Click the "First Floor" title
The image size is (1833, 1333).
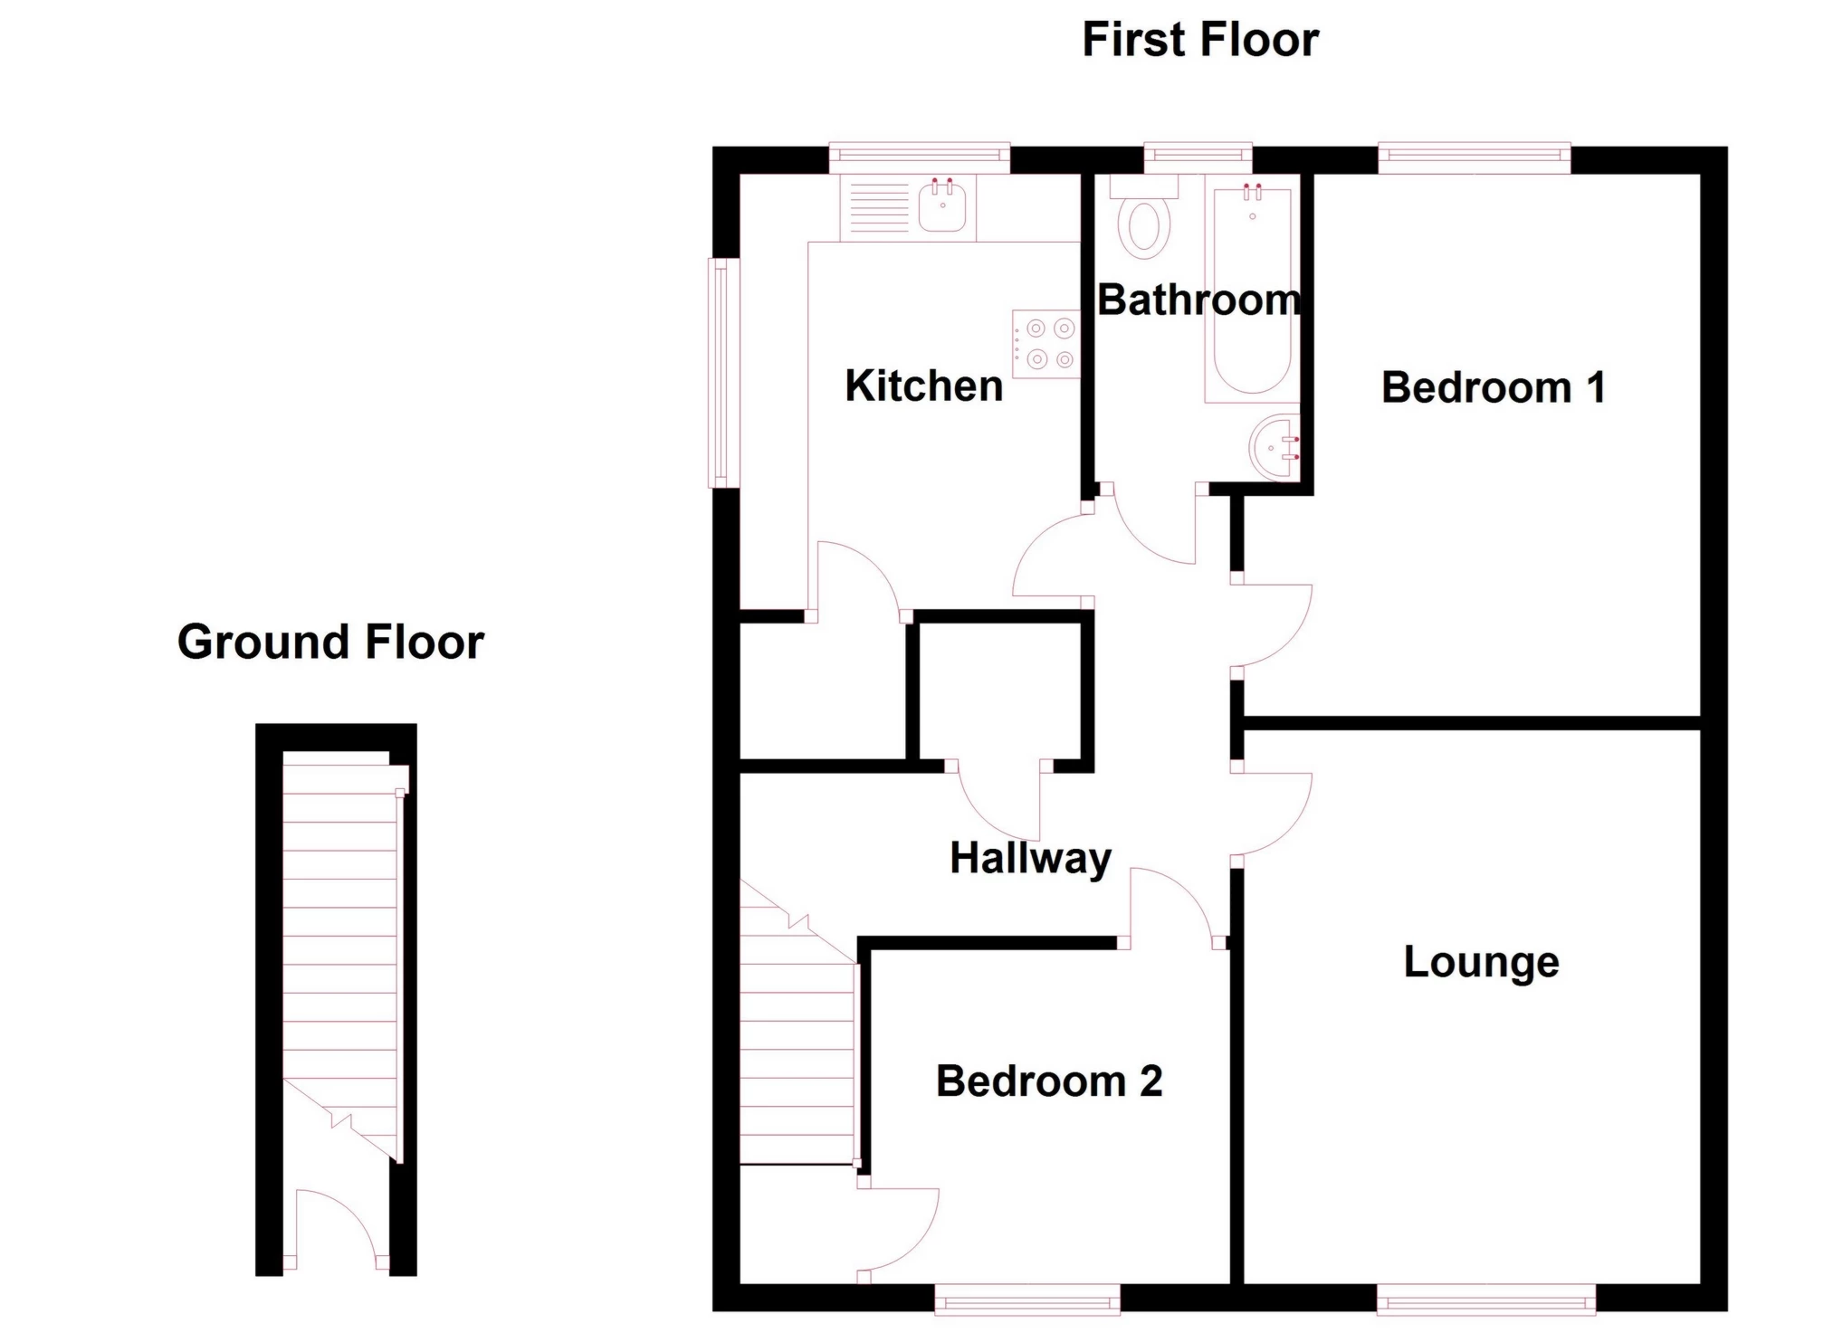click(x=1200, y=41)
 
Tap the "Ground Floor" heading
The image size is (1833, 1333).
click(x=330, y=642)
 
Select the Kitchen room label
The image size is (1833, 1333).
click(x=923, y=386)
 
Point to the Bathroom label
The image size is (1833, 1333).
click(x=1198, y=300)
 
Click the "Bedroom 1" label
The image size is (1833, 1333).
click(x=1493, y=387)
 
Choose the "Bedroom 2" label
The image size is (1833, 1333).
click(x=1049, y=1081)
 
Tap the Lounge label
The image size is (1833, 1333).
click(x=1481, y=962)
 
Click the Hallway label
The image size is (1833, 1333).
click(x=1030, y=859)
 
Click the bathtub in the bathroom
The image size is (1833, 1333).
click(x=1252, y=293)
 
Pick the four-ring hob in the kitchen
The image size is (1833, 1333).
click(x=1046, y=344)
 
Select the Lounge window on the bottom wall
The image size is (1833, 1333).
click(x=1485, y=1302)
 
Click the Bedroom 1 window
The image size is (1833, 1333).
click(x=1475, y=157)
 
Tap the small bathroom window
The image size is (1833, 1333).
click(x=1198, y=157)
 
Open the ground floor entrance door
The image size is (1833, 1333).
click(x=336, y=1230)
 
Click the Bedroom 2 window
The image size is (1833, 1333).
click(x=1027, y=1302)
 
